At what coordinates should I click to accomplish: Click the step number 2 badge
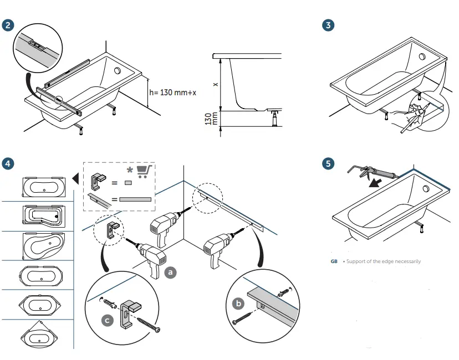(8, 25)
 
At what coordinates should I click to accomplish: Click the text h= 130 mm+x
(172, 92)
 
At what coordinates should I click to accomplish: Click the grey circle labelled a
(171, 272)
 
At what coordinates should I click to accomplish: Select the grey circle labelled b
(239, 303)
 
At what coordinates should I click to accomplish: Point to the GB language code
(334, 261)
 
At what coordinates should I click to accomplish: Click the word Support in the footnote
(356, 261)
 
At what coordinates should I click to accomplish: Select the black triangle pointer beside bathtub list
(75, 178)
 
